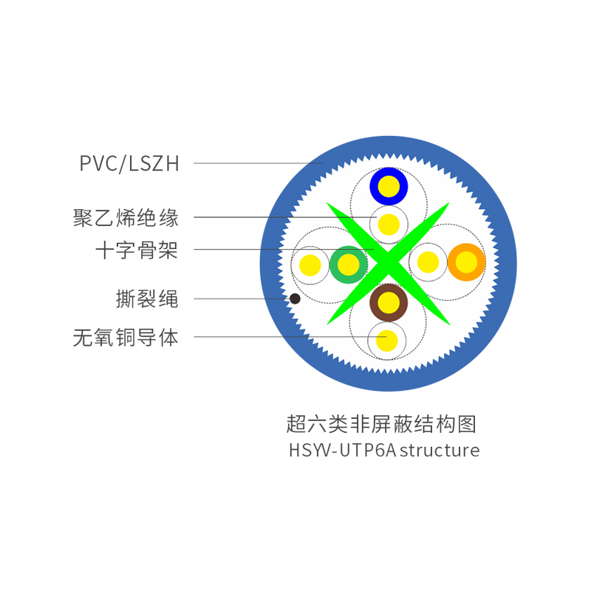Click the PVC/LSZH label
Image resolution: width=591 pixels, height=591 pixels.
tap(129, 163)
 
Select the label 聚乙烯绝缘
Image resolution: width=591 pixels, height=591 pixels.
tap(126, 218)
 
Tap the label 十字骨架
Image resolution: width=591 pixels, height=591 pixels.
tap(137, 250)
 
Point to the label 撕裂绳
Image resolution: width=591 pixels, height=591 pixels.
tap(147, 299)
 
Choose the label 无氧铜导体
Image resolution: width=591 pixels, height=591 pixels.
tap(126, 338)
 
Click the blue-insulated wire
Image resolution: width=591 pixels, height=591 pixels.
tap(389, 186)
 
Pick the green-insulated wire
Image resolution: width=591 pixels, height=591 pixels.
tap(347, 264)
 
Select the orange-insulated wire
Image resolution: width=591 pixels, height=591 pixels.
tap(466, 262)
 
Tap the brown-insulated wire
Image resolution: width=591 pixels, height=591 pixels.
tap(389, 302)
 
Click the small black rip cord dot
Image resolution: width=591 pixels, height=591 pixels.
tap(295, 298)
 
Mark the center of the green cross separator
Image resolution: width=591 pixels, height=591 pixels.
tap(389, 263)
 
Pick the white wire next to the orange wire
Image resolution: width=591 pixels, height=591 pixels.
tap(428, 262)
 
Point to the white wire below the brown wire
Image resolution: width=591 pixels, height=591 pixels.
tap(386, 341)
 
